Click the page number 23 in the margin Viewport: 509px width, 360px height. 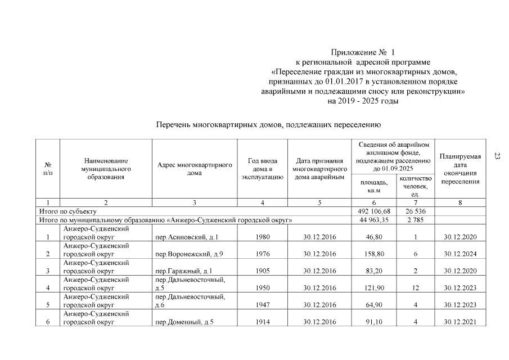tap(497, 156)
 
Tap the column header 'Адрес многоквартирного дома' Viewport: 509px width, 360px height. tap(195, 169)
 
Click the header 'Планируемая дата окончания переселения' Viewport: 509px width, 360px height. tap(460, 169)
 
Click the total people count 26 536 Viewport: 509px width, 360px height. tap(415, 211)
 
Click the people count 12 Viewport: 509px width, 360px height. tap(415, 289)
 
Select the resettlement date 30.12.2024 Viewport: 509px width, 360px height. tap(460, 254)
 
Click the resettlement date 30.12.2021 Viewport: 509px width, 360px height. tap(460, 322)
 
